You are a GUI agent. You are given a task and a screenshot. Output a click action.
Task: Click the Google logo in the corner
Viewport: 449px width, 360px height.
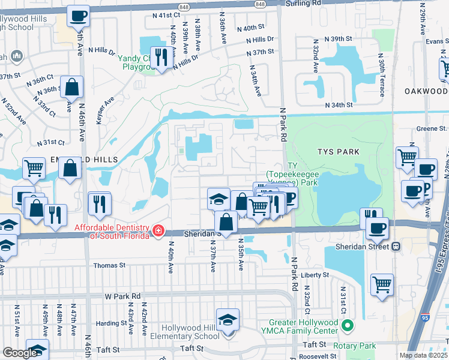19,353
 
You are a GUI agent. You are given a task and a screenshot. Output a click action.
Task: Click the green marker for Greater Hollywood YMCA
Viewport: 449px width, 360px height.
346,326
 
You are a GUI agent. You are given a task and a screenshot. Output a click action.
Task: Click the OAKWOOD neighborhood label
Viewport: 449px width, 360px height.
426,91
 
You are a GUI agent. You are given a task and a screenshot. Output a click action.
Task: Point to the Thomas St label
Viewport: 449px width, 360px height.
109,265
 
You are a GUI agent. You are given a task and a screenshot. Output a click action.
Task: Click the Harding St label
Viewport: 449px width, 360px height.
111,323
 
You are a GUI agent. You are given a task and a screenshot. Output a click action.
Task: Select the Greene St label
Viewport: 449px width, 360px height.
432,128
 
